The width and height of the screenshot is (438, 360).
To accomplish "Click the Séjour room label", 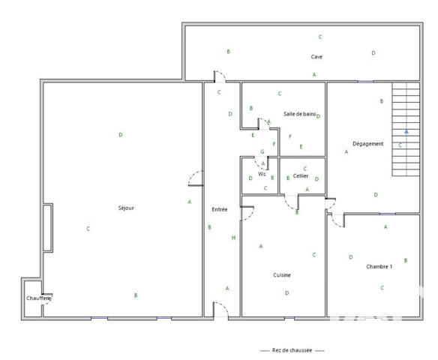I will point(126,208).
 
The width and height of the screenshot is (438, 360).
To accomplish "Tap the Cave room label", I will point(316,57).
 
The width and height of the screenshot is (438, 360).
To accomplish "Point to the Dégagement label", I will point(367,144).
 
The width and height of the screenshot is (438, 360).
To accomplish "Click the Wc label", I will point(262,174).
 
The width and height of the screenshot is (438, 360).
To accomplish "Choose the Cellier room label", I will point(301,175).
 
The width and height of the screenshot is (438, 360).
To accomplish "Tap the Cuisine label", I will point(282,275).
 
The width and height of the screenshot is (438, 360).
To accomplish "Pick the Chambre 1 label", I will point(379,266).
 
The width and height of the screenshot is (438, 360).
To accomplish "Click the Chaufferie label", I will point(38,298).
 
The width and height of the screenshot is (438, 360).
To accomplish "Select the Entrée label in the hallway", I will point(219,209).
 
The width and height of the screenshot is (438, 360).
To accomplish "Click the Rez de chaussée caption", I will point(292,350).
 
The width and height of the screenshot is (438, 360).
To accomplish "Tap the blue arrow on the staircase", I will point(406,131).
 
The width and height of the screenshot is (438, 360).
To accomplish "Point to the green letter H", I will point(233,238).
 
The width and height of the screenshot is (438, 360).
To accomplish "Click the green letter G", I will point(262,151).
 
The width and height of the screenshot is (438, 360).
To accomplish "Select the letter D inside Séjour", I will point(120,135).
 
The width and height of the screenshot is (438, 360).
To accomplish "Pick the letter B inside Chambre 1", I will point(406,260).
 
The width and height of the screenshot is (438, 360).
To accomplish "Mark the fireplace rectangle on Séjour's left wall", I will point(48,227).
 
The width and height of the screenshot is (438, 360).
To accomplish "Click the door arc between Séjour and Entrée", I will point(196,178).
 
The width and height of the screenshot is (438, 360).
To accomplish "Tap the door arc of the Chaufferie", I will point(47,298).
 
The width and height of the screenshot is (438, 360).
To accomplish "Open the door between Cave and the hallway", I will point(217,76).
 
